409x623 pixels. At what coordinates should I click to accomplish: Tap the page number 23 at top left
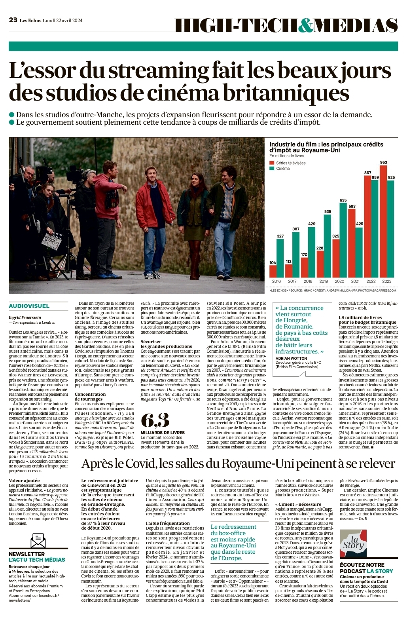point(13,20)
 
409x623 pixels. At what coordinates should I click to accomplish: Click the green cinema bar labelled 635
point(343,239)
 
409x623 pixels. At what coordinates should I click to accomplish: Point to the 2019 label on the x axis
point(324,281)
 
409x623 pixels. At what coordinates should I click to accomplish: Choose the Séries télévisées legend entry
point(291,163)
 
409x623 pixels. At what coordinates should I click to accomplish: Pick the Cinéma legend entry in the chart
point(283,169)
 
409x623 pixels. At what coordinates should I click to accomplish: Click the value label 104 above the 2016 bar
point(273,262)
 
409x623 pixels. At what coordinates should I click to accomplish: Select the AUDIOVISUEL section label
point(29,306)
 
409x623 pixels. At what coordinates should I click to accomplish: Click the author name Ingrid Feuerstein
point(25,317)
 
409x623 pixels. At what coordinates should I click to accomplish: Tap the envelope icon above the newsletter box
point(38,540)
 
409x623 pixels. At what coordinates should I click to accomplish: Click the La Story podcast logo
point(353,543)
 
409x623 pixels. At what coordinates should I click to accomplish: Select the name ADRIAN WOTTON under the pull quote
point(291,358)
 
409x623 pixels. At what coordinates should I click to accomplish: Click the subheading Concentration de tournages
point(90,397)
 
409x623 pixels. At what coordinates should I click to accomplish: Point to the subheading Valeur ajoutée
point(24,481)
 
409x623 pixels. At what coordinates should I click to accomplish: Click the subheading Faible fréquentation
point(168,523)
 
